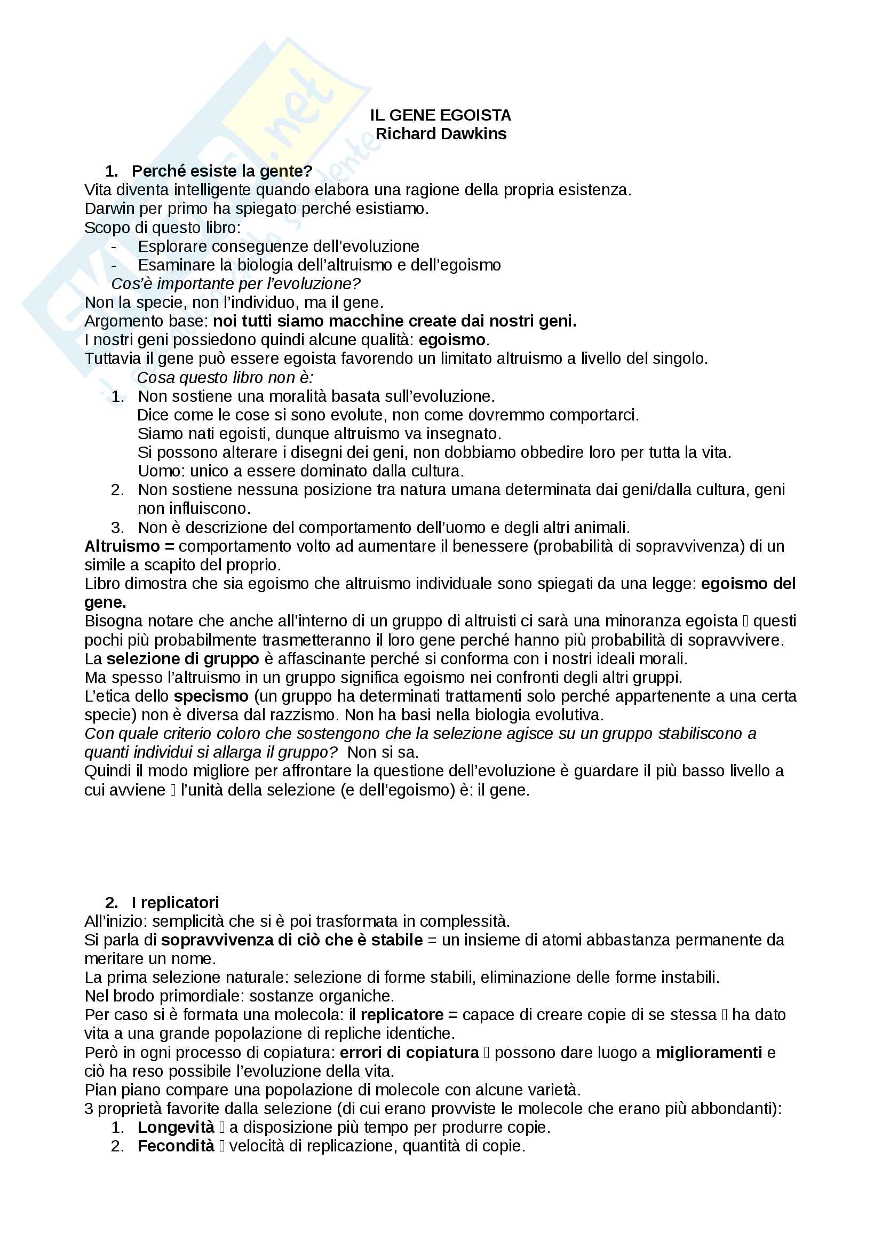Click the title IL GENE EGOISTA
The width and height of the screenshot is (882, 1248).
click(x=440, y=115)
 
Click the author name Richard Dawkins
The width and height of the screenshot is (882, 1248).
click(x=441, y=134)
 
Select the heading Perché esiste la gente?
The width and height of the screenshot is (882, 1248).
click(x=222, y=171)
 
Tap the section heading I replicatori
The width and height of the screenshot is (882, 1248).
click(x=175, y=902)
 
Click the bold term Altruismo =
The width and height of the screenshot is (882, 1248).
click(x=129, y=546)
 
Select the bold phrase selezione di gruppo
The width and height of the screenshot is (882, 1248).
click(x=182, y=659)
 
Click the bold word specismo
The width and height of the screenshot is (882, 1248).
click(x=211, y=696)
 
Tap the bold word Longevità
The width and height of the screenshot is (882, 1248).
click(x=176, y=1127)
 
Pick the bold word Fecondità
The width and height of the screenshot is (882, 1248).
click(x=176, y=1146)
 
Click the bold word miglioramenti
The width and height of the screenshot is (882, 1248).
click(x=709, y=1053)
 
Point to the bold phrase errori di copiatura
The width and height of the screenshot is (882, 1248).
click(x=409, y=1053)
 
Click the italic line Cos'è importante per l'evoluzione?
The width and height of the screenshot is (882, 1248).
click(x=236, y=284)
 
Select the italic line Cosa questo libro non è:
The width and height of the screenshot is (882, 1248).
click(x=225, y=377)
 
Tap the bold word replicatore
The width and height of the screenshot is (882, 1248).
click(x=402, y=1015)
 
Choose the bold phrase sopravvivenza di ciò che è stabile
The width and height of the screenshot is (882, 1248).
click(x=292, y=940)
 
